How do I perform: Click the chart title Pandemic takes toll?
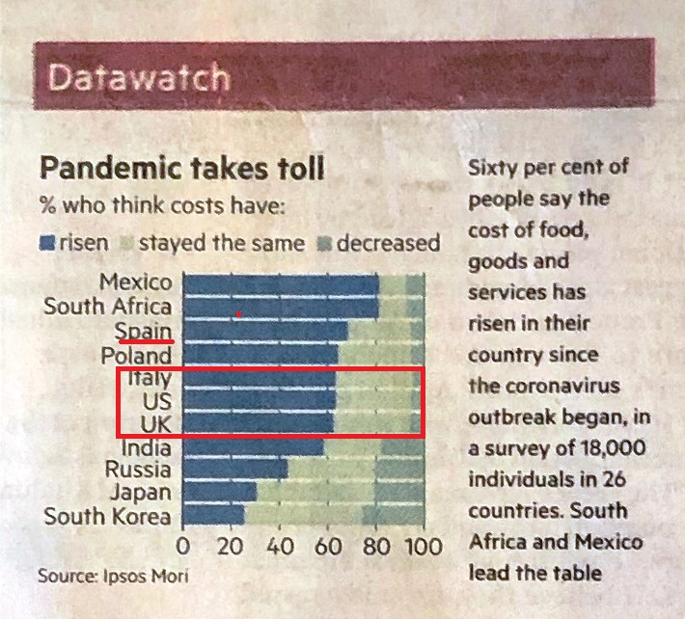click(x=181, y=170)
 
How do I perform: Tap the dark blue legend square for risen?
click(x=46, y=242)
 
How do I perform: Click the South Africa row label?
click(x=108, y=308)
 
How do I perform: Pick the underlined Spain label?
click(x=145, y=331)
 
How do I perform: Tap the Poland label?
click(x=137, y=355)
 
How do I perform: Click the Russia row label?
click(x=138, y=471)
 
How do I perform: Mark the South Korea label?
click(x=108, y=517)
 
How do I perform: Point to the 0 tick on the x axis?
click(x=183, y=548)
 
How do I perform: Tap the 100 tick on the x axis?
click(x=421, y=548)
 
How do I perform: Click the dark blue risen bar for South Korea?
click(x=214, y=517)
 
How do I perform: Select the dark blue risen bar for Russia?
click(x=235, y=471)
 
